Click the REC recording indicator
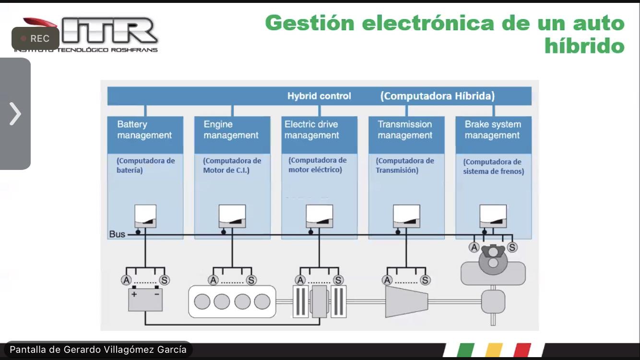[36, 39]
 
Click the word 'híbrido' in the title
[584, 46]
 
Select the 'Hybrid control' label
[319, 96]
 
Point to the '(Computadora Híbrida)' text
[437, 96]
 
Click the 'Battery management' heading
[144, 130]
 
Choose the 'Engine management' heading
[231, 130]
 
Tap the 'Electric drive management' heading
[311, 130]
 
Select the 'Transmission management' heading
[405, 130]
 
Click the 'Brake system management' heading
[493, 130]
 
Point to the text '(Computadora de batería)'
[145, 165]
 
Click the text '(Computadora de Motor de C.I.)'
[232, 165]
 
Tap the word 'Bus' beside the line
[117, 234]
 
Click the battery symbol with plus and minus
[145, 299]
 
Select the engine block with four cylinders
[232, 301]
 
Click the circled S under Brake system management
[512, 247]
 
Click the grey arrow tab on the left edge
[15, 114]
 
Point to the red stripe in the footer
[522, 350]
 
